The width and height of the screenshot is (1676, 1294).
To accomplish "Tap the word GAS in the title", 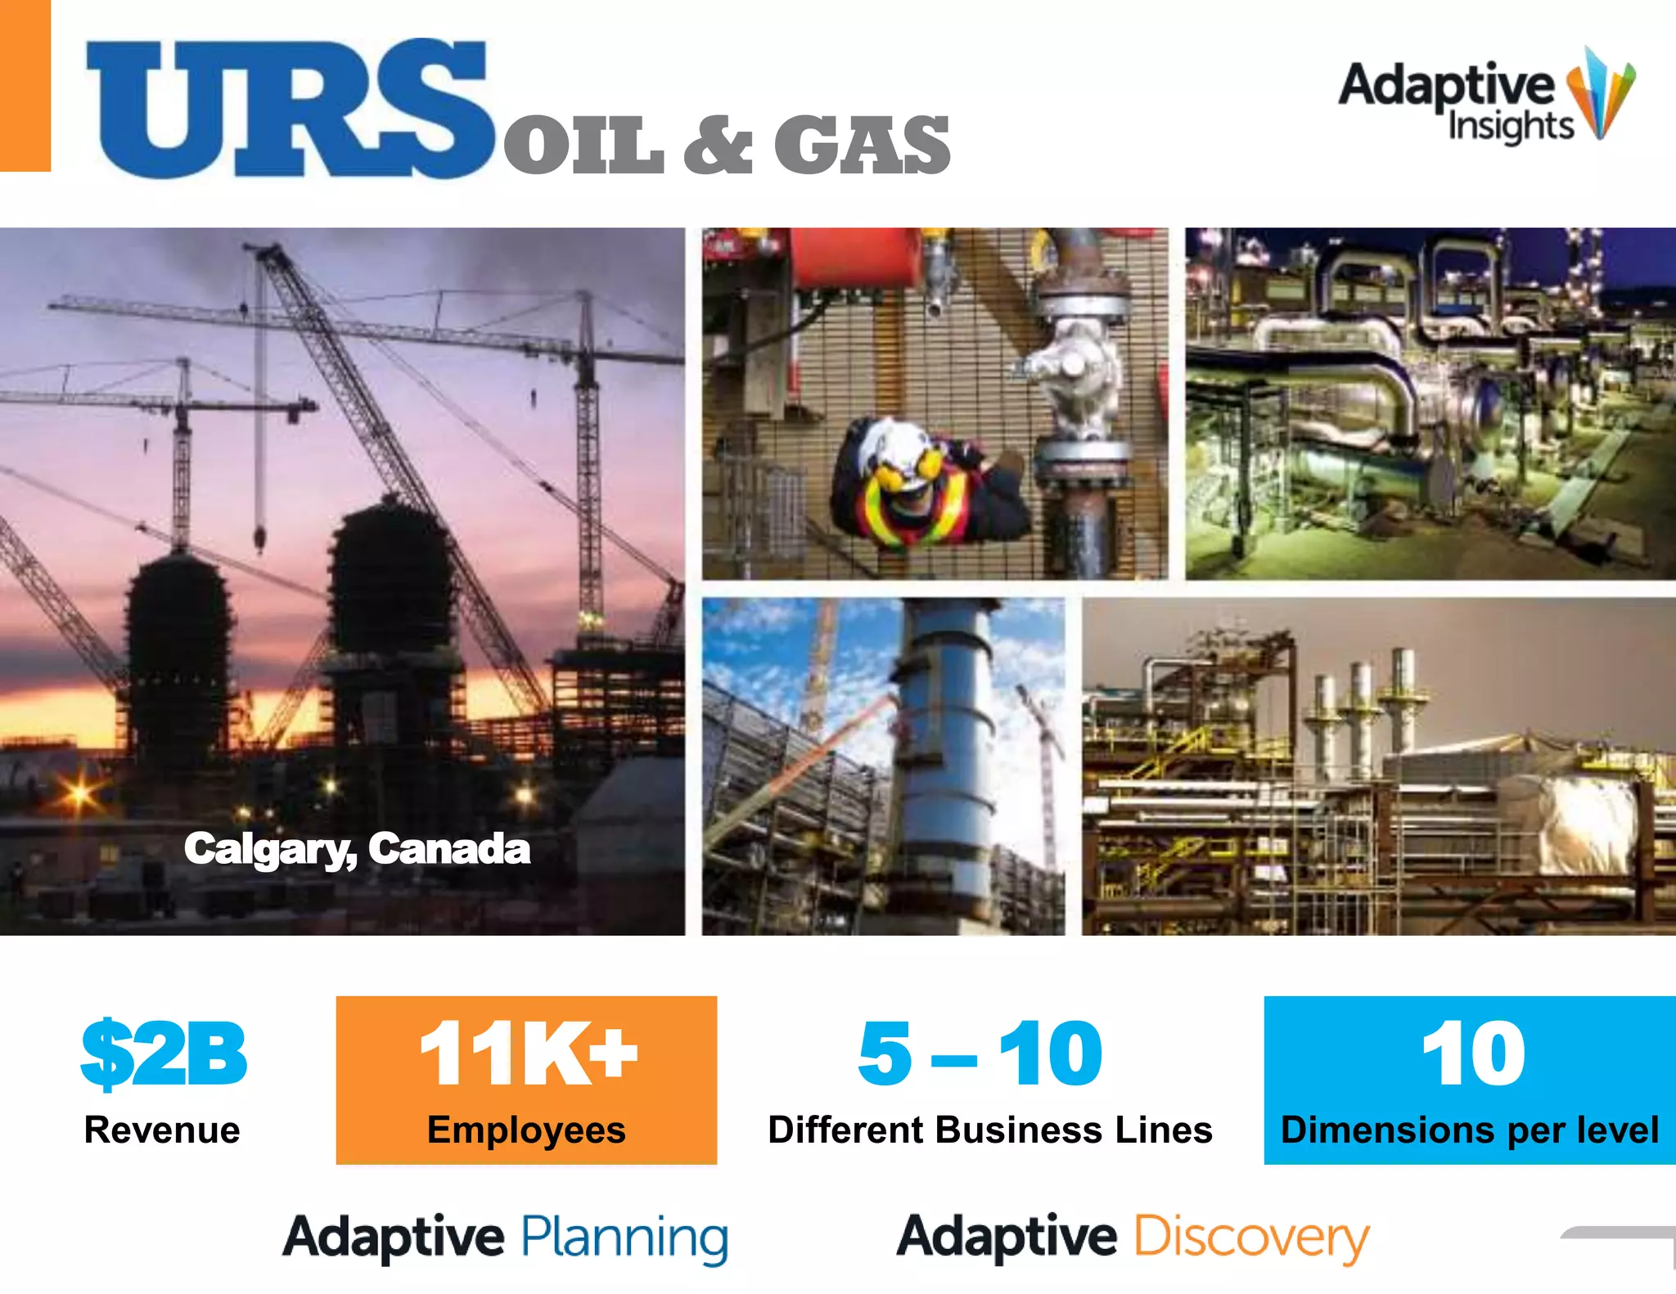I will click(x=862, y=146).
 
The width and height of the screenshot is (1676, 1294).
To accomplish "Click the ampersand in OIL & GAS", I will click(x=717, y=146).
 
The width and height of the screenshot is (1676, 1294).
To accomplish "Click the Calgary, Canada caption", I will click(x=357, y=849).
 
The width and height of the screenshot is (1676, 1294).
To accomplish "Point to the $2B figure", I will click(x=164, y=1054).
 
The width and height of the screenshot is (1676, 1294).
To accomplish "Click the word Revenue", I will click(x=162, y=1130).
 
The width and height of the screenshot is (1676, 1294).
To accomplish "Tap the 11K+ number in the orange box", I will click(x=528, y=1054).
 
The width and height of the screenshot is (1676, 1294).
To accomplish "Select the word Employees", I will click(x=526, y=1130).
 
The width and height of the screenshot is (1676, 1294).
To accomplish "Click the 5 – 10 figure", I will click(x=980, y=1054).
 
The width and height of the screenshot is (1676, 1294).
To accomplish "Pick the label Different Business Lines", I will click(x=990, y=1130).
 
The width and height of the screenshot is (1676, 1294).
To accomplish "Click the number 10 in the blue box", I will click(x=1473, y=1054).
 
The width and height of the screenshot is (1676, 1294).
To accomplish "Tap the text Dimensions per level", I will click(x=1470, y=1130).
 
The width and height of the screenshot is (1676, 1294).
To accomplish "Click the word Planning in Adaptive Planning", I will click(x=625, y=1237).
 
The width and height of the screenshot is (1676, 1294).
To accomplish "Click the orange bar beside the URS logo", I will click(x=25, y=85).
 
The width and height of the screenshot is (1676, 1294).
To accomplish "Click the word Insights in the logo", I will click(x=1511, y=127).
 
